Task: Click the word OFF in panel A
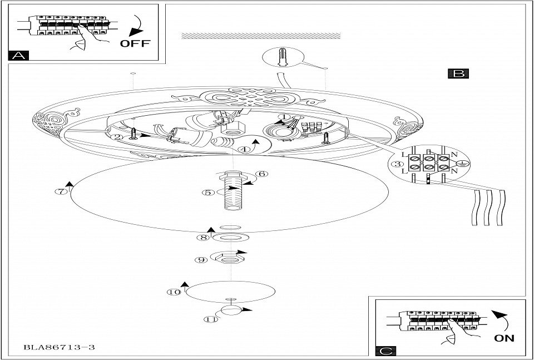coord(136,43)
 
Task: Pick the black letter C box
coord(385,350)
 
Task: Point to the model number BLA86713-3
coord(59,347)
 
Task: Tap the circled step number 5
coord(209,193)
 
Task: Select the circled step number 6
coord(263,173)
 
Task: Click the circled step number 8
coord(203,238)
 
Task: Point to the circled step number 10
coord(175,292)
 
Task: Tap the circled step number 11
coord(210,319)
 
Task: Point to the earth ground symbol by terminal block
coord(461,164)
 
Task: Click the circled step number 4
coord(243,149)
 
